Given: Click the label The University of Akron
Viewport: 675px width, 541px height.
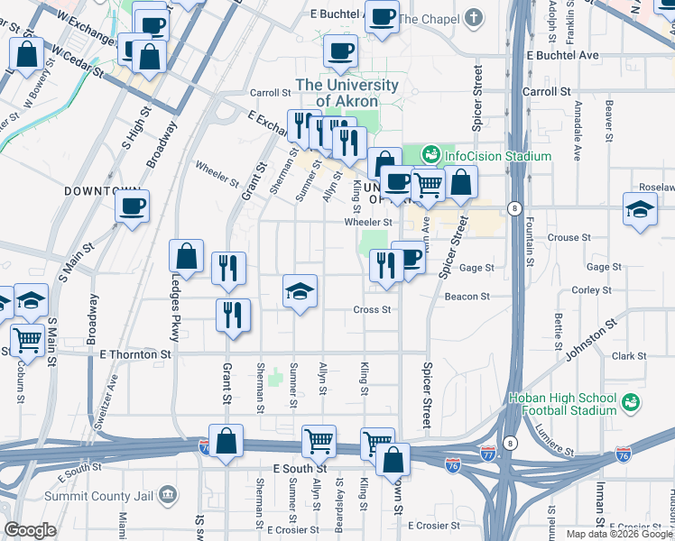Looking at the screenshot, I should [347, 93].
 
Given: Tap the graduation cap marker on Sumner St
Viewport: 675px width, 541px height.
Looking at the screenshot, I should [301, 291].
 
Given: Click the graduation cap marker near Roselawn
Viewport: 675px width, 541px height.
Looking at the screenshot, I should [640, 210].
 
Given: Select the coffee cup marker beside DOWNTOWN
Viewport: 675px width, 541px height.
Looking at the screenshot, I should [132, 206].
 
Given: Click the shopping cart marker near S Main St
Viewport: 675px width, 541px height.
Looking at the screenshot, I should [28, 340].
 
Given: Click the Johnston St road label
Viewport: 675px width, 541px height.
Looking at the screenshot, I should [592, 336].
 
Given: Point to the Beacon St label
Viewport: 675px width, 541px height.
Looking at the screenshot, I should [467, 296].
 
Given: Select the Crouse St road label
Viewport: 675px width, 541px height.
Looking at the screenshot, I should [569, 238].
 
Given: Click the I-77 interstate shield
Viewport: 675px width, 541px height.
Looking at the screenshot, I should [488, 450].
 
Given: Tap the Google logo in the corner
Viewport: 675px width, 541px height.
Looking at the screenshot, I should [30, 530].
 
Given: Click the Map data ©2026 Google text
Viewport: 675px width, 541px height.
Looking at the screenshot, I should [619, 534].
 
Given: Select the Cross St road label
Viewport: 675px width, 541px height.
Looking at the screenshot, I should [371, 309].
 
